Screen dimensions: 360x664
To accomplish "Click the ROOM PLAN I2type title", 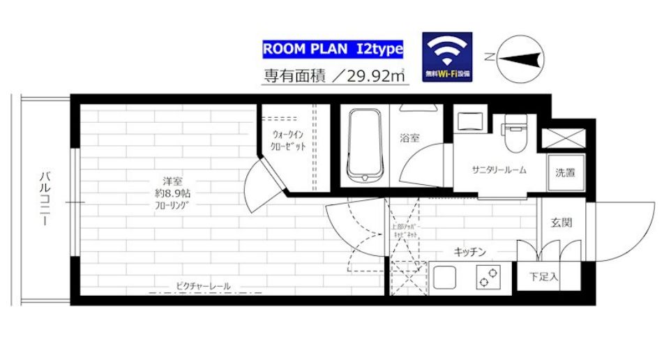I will pyautogui.click(x=332, y=50).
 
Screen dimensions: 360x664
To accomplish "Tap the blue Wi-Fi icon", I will pyautogui.click(x=447, y=55).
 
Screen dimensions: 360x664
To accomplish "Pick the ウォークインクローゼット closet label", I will pyautogui.click(x=288, y=140).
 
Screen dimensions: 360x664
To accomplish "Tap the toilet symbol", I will pyautogui.click(x=516, y=134).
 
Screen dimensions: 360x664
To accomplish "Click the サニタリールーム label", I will pyautogui.click(x=498, y=170).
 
